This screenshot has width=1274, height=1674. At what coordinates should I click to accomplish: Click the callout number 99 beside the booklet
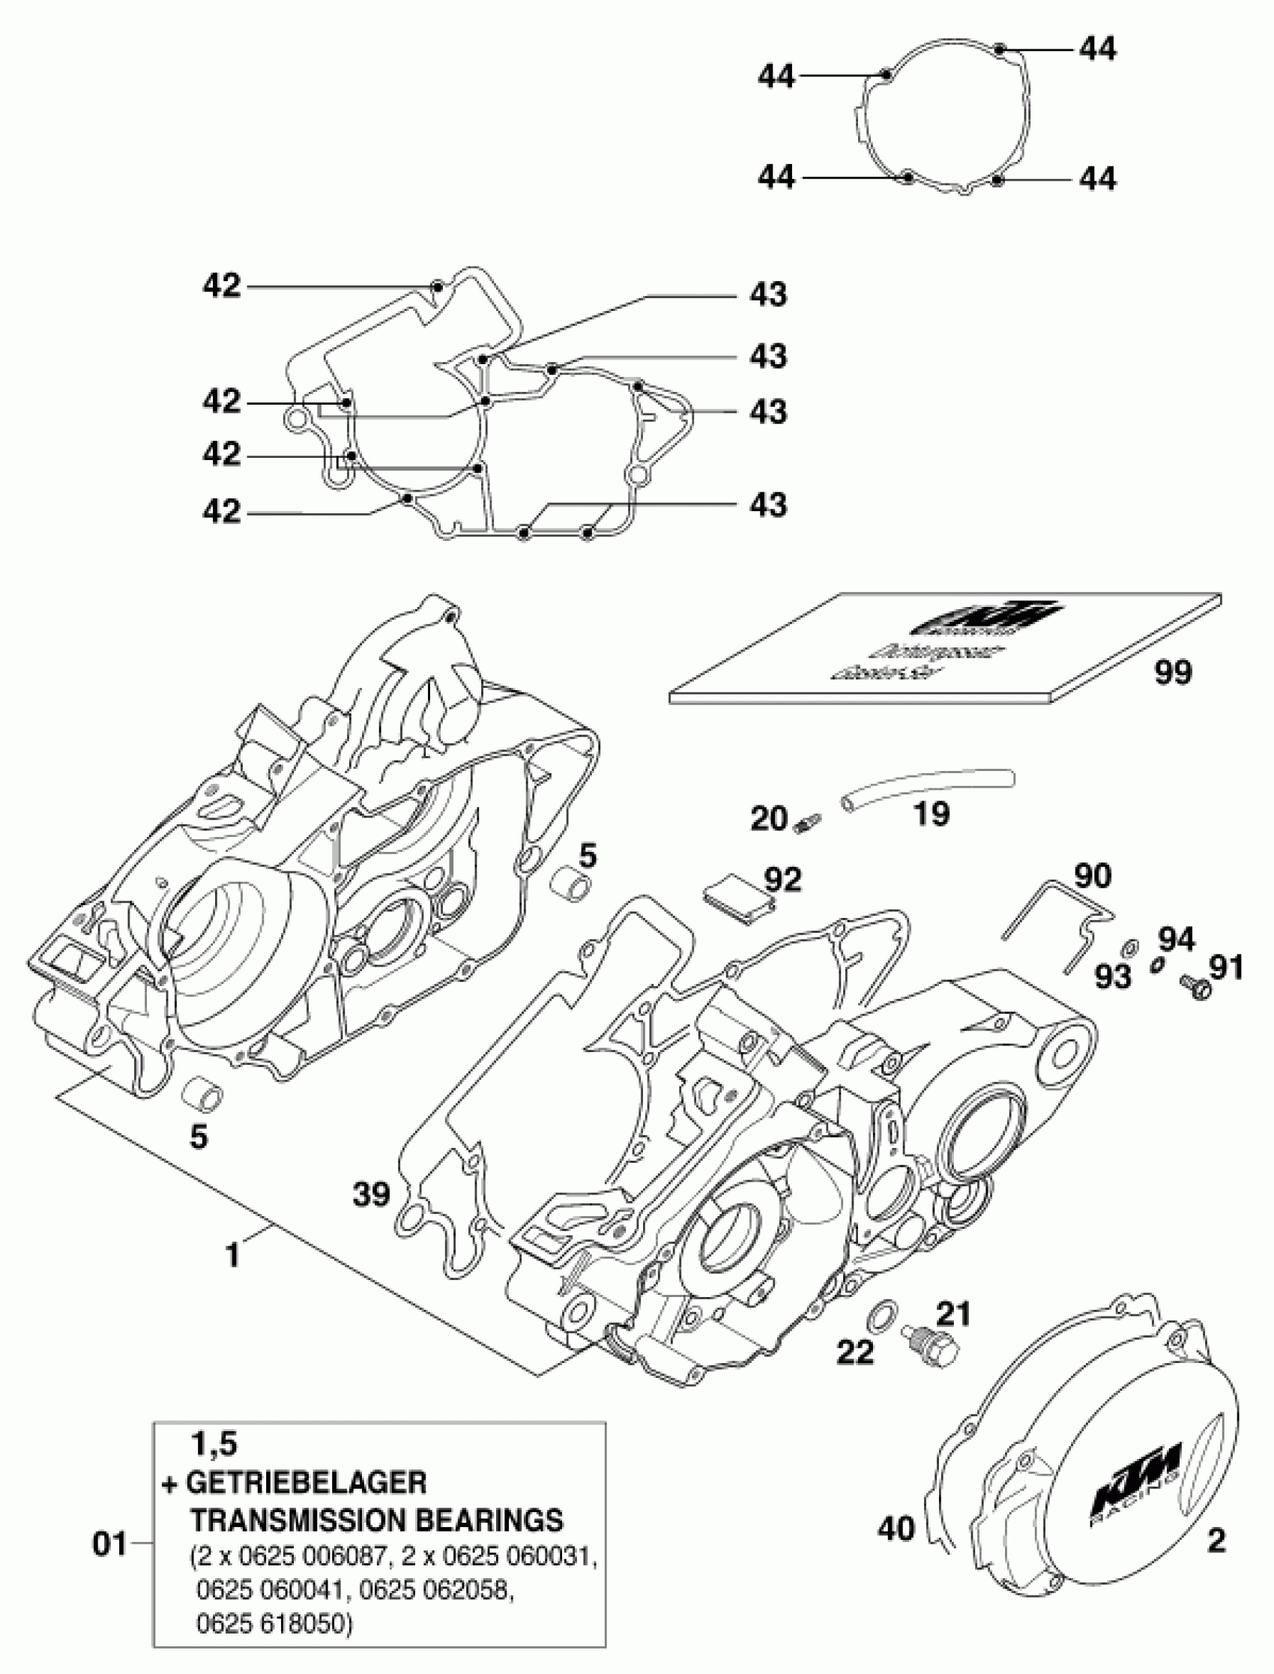[x=1173, y=671]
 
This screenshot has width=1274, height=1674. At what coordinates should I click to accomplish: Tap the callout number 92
[x=782, y=880]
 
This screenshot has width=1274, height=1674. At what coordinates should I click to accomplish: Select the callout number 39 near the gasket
[x=372, y=1195]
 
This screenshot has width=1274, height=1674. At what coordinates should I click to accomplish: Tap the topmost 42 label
[x=221, y=285]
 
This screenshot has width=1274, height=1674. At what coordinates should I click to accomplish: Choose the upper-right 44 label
[x=1097, y=49]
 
